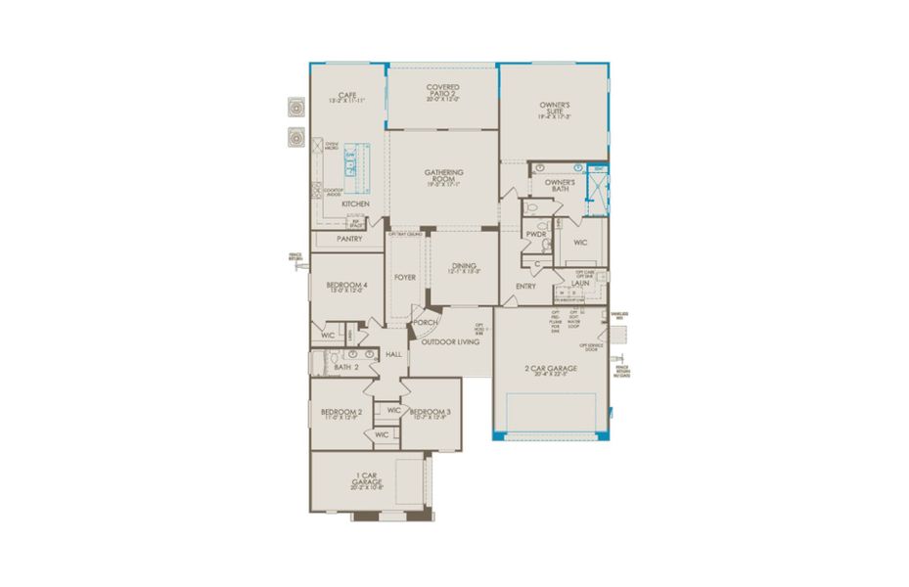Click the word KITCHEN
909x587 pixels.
(x=355, y=203)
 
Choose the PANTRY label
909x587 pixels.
(x=349, y=238)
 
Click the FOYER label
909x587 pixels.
(x=405, y=278)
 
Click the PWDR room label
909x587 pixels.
(x=534, y=235)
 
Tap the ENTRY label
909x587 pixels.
(x=525, y=287)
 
